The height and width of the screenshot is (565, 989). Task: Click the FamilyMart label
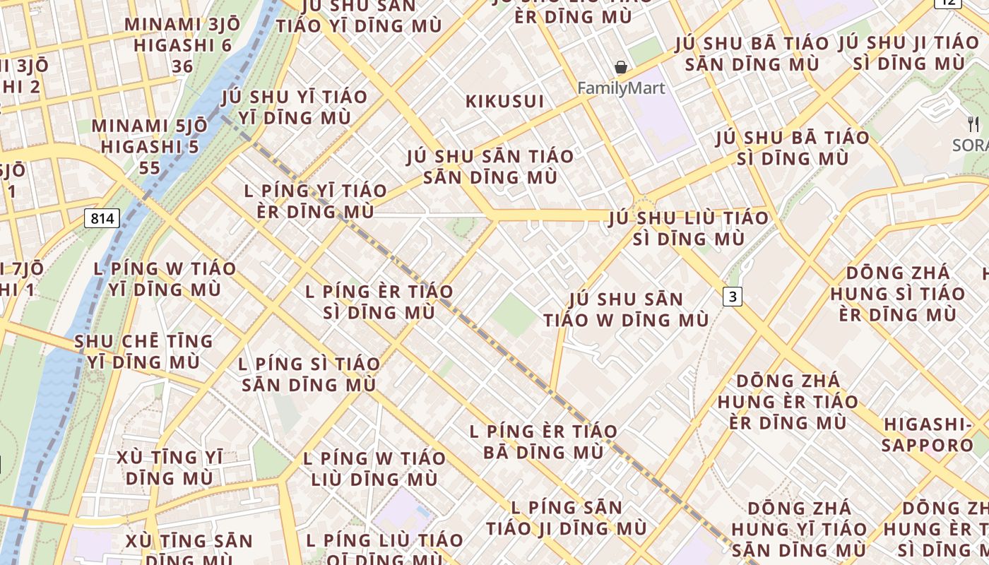click(621, 88)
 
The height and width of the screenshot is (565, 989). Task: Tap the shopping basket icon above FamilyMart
click(621, 68)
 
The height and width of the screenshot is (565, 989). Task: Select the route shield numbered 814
click(102, 218)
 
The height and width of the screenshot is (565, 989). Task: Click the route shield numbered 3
click(733, 297)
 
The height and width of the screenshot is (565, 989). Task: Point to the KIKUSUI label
click(505, 102)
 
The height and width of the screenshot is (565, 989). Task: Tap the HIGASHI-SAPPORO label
click(928, 434)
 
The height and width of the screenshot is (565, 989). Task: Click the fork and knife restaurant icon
click(973, 124)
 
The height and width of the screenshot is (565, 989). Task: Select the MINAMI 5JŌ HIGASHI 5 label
click(150, 136)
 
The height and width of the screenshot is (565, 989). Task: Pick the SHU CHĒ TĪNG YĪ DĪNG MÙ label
click(143, 352)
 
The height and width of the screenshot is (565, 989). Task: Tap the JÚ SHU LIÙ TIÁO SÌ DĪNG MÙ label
click(689, 228)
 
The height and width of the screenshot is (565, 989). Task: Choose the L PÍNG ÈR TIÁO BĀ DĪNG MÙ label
click(543, 441)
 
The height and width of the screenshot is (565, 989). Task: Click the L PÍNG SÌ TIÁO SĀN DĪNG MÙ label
click(309, 375)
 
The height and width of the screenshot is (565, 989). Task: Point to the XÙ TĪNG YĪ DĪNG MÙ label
click(170, 468)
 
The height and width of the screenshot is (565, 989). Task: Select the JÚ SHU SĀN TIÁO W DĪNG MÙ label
click(626, 309)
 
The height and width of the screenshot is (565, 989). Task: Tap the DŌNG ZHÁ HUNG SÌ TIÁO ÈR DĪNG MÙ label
click(897, 293)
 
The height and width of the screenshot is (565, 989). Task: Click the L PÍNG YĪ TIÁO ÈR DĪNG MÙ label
click(315, 201)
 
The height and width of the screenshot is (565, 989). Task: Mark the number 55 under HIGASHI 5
click(150, 167)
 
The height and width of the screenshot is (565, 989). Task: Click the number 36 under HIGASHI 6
click(182, 66)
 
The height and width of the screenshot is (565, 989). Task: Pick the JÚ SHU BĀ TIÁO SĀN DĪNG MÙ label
click(752, 54)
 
